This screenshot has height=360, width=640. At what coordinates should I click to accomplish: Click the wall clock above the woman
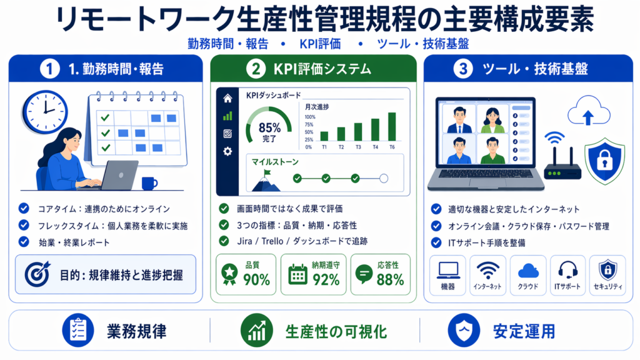45,111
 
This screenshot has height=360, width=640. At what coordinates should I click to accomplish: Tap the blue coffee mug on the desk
149,183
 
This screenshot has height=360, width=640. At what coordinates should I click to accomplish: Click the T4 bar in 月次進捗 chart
375,130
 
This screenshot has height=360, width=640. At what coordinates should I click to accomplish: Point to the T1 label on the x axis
324,147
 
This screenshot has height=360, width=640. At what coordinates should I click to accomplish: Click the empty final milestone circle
383,178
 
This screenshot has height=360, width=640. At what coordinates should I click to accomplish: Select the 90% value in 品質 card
256,279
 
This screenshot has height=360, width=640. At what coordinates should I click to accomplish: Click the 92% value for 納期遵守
326,279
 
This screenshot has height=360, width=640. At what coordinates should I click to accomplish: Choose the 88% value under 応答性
390,279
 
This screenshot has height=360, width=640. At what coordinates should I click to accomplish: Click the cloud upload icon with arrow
588,111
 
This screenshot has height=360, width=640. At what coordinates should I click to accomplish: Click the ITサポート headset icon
567,270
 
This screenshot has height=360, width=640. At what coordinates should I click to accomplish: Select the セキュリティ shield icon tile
607,275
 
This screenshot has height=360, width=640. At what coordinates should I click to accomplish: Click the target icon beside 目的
37,274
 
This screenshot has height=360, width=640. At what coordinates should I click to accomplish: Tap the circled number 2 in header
256,69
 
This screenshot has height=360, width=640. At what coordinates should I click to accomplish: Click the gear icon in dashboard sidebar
227,151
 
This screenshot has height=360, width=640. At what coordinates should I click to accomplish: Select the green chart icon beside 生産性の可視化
257,331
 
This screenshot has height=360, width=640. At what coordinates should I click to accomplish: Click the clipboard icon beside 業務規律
78,330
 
